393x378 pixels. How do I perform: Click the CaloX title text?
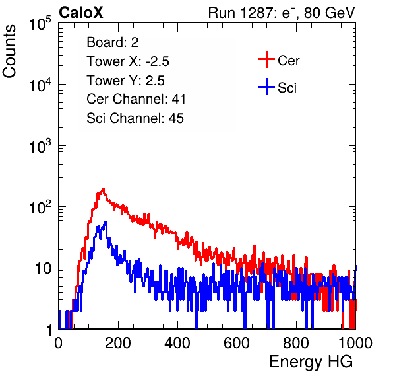point(81,13)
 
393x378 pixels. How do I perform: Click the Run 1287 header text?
point(282,13)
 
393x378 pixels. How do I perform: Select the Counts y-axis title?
point(9,52)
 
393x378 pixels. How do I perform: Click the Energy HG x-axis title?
point(311,362)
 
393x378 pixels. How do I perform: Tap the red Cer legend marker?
point(266,59)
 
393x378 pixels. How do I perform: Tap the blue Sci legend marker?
point(266,87)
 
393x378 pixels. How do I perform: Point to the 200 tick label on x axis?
point(118,343)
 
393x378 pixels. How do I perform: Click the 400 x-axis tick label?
point(177,343)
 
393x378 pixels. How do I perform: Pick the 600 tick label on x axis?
point(237,343)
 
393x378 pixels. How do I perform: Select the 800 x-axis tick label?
point(296,343)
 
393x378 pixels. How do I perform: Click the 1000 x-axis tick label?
point(355,343)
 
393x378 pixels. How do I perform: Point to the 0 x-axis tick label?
point(59,343)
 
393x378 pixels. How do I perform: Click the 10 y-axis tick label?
point(44,268)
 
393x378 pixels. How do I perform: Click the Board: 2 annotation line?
point(113,42)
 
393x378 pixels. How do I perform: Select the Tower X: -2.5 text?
point(128,61)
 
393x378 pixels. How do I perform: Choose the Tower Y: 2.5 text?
point(125,81)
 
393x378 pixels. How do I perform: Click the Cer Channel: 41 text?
point(136,99)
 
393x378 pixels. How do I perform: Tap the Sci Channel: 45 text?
point(135,118)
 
